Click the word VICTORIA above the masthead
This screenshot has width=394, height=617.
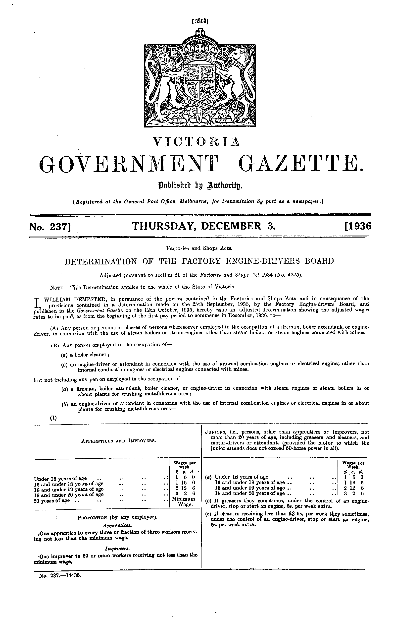(x=196, y=142)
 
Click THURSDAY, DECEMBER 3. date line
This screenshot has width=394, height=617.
(x=203, y=227)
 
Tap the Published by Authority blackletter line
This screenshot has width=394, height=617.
(x=196, y=184)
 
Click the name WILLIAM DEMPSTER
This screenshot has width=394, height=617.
(x=73, y=299)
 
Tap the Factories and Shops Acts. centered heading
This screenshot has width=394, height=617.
(x=199, y=248)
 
